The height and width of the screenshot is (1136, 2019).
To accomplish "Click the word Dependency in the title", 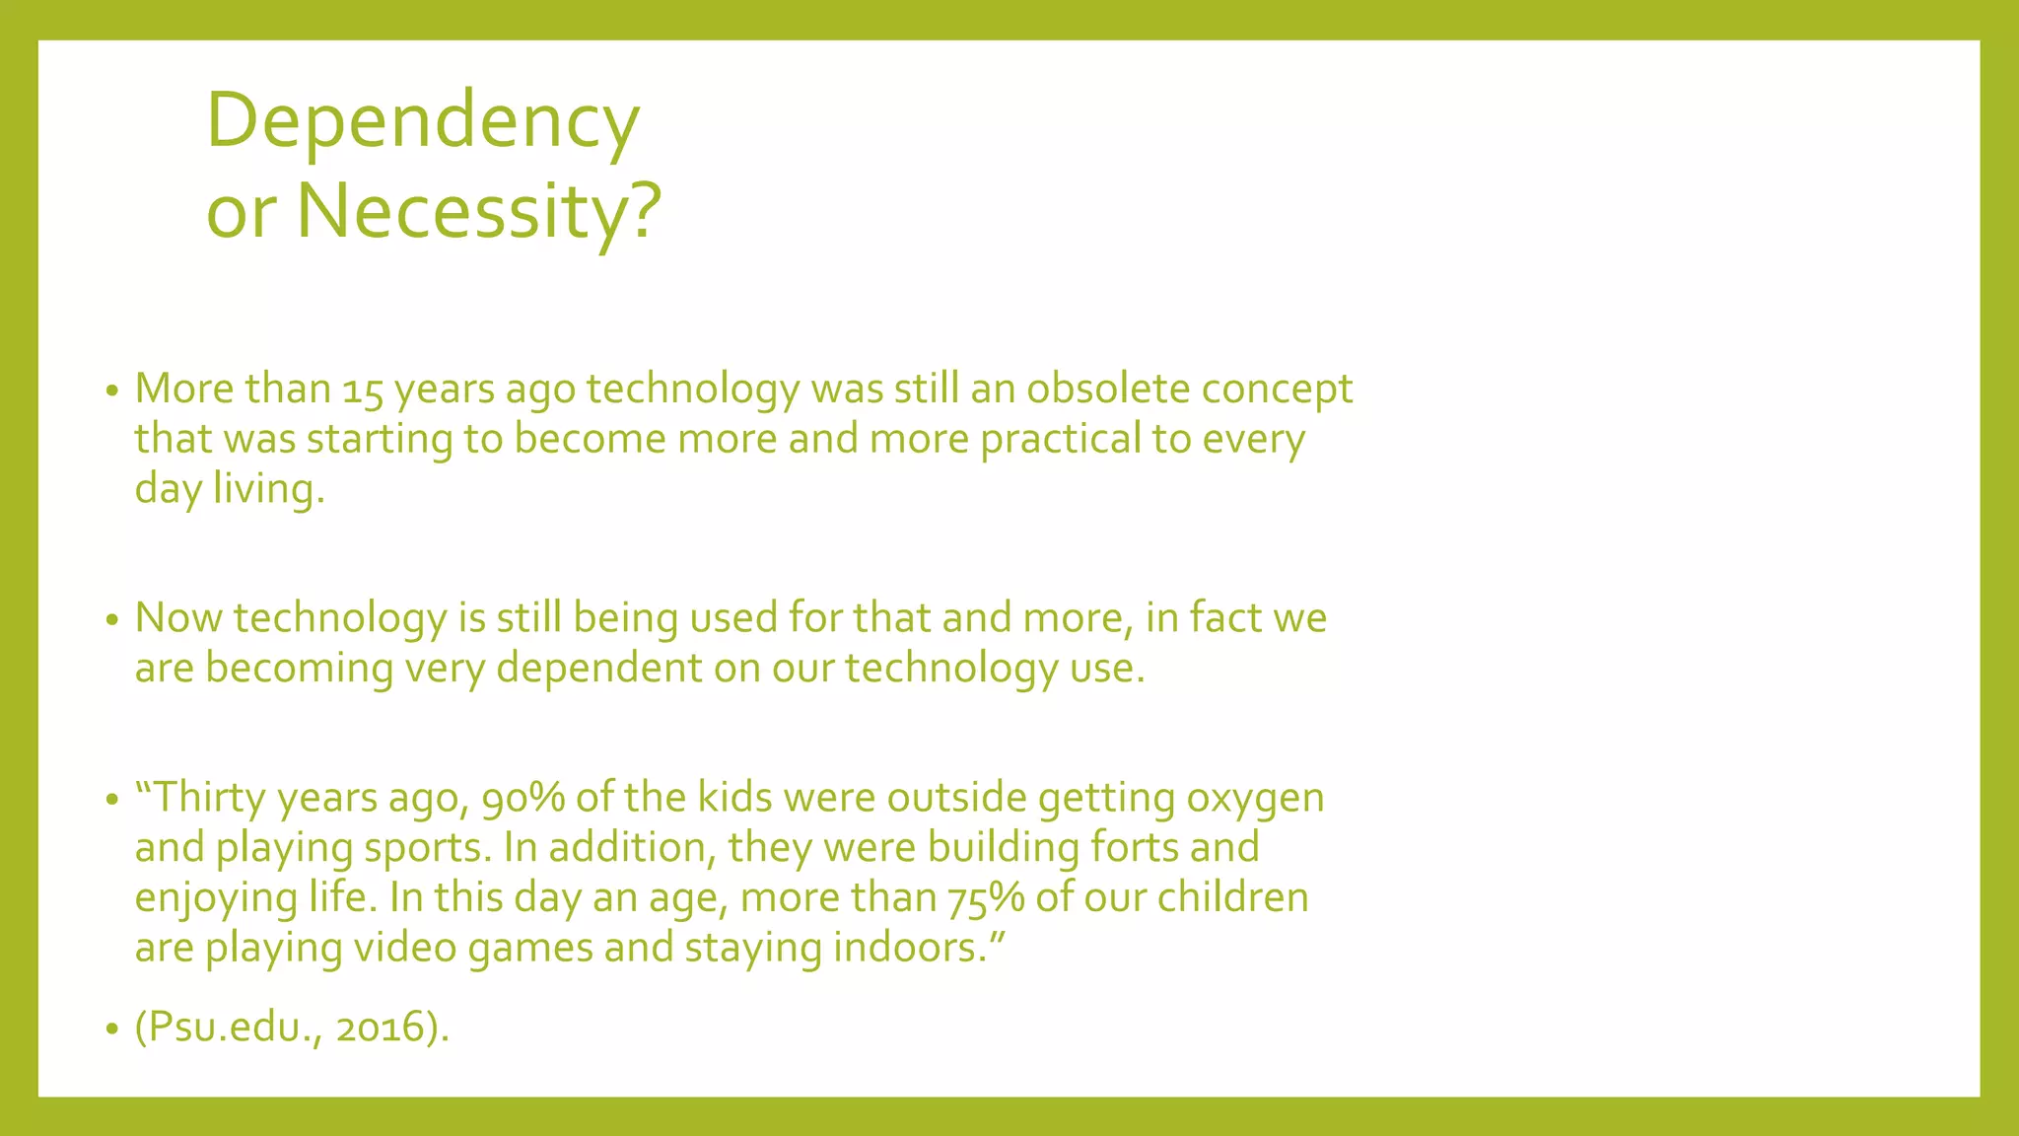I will (x=423, y=122).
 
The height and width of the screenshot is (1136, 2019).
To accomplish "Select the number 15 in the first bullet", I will (x=362, y=390).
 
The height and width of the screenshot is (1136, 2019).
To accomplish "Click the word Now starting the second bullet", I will (x=177, y=618).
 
